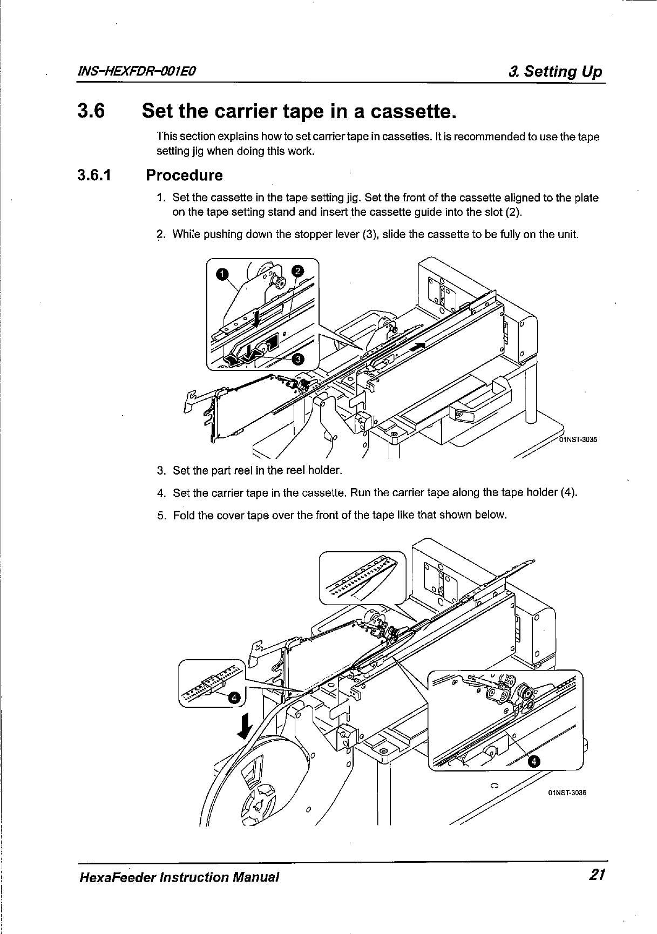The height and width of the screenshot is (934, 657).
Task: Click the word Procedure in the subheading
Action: click(x=184, y=175)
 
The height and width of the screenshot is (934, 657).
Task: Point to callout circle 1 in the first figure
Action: click(x=221, y=275)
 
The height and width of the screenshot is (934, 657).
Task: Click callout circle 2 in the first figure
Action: click(x=297, y=270)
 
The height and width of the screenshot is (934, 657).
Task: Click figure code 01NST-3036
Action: click(x=567, y=793)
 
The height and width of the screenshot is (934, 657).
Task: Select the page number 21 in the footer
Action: click(x=595, y=875)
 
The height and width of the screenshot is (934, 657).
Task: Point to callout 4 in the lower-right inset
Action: click(x=534, y=761)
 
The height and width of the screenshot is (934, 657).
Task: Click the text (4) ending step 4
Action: click(x=568, y=492)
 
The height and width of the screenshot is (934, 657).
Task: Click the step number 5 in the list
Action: click(x=160, y=515)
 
